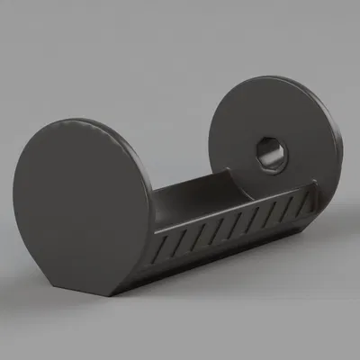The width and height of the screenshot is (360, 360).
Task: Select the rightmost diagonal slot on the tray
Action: click(x=297, y=206)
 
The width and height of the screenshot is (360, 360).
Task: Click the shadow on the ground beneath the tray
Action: click(x=225, y=270)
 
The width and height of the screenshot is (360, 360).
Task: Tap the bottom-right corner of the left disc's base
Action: click(x=117, y=297)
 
